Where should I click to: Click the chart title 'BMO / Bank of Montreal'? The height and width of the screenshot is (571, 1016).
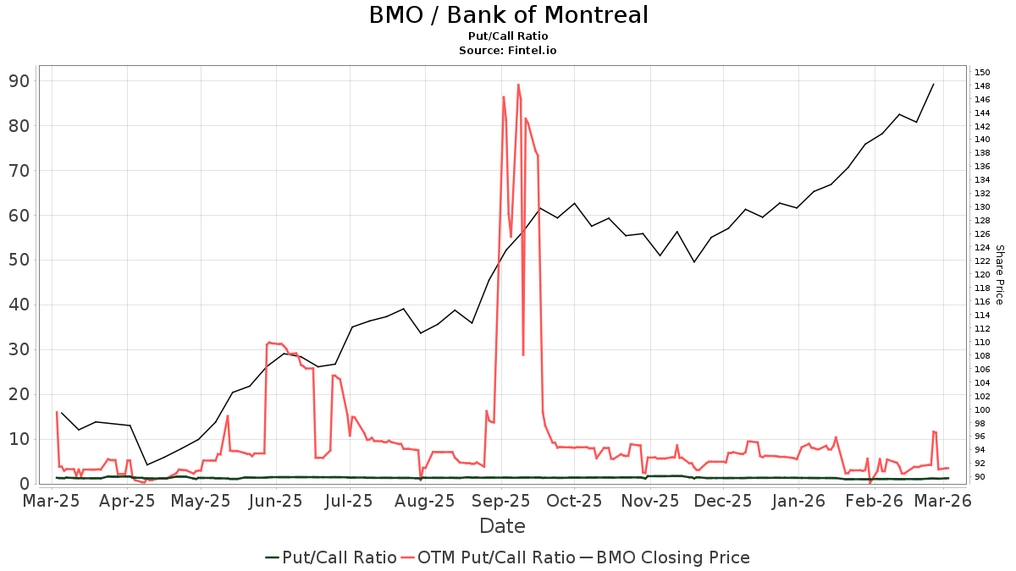pyautogui.click(x=508, y=15)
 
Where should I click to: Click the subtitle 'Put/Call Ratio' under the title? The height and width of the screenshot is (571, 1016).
pyautogui.click(x=508, y=36)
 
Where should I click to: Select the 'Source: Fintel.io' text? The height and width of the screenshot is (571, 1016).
pyautogui.click(x=508, y=50)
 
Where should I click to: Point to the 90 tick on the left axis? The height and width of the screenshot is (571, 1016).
pyautogui.click(x=19, y=81)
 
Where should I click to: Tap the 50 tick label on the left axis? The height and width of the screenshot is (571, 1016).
pyautogui.click(x=19, y=260)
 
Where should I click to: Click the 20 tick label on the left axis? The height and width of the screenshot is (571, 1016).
pyautogui.click(x=19, y=394)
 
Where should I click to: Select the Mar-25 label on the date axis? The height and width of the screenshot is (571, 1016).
pyautogui.click(x=51, y=501)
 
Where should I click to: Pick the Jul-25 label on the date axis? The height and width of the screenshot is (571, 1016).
pyautogui.click(x=349, y=501)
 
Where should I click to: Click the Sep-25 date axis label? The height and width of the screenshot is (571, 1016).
pyautogui.click(x=501, y=501)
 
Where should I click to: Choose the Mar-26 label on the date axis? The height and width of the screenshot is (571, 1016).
pyautogui.click(x=947, y=501)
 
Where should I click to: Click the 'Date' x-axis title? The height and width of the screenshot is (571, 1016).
pyautogui.click(x=502, y=526)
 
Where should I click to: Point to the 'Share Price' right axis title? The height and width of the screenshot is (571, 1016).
pyautogui.click(x=999, y=275)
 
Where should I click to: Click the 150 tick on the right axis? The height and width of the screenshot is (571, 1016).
pyautogui.click(x=982, y=72)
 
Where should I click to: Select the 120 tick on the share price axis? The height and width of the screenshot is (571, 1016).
pyautogui.click(x=982, y=274)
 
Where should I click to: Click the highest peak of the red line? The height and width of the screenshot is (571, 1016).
pyautogui.click(x=518, y=85)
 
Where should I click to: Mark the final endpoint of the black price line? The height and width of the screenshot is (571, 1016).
pyautogui.click(x=933, y=84)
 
